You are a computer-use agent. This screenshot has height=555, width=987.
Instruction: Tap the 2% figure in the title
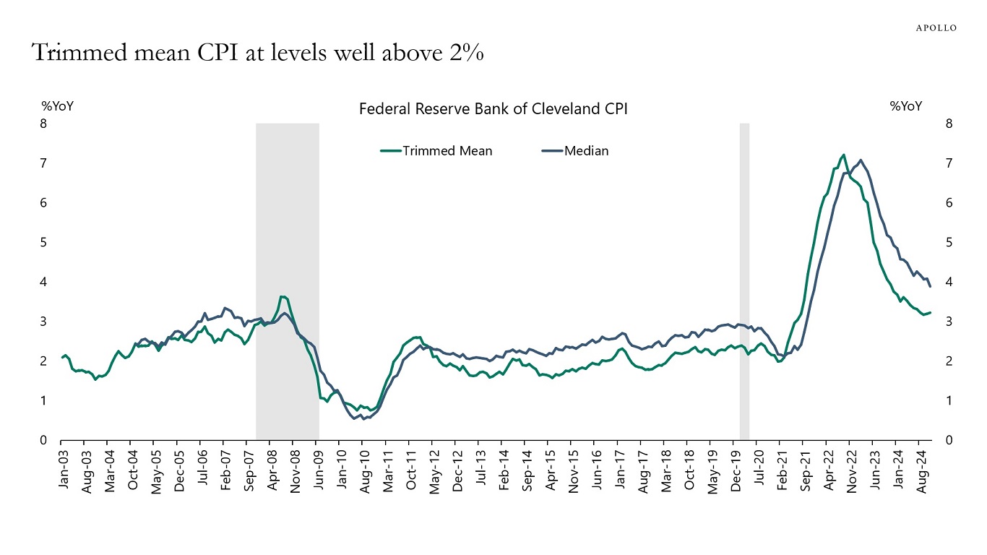click(x=467, y=53)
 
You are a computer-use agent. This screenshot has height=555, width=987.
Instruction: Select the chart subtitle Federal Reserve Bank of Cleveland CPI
click(x=493, y=109)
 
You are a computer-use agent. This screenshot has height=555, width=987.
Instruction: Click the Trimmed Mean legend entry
click(x=447, y=151)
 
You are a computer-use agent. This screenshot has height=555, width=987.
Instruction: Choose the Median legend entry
click(x=586, y=151)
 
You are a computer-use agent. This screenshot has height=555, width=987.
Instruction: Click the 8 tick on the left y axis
click(x=43, y=124)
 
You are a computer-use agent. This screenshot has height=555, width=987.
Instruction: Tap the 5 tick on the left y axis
click(x=43, y=242)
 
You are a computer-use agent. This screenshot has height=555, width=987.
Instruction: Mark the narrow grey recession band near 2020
click(x=744, y=282)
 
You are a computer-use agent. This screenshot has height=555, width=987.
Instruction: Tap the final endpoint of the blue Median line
click(x=930, y=287)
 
